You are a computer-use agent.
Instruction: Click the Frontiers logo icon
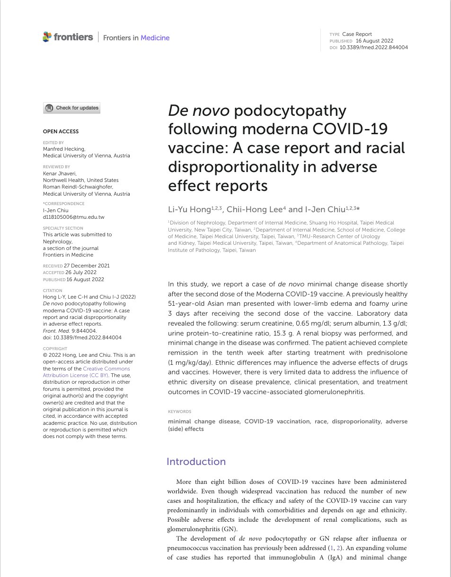click(x=47, y=37)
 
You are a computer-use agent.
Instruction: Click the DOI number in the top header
click(x=374, y=47)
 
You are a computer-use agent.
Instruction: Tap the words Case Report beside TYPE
click(x=357, y=34)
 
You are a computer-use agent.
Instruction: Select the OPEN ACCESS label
click(x=61, y=131)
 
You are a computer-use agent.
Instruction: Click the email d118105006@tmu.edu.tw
click(x=74, y=217)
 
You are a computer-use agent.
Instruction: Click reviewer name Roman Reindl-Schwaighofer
click(x=78, y=187)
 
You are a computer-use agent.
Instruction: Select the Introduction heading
click(x=196, y=462)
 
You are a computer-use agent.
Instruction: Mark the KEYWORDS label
click(x=179, y=412)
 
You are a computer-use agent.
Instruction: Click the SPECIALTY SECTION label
click(x=63, y=228)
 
